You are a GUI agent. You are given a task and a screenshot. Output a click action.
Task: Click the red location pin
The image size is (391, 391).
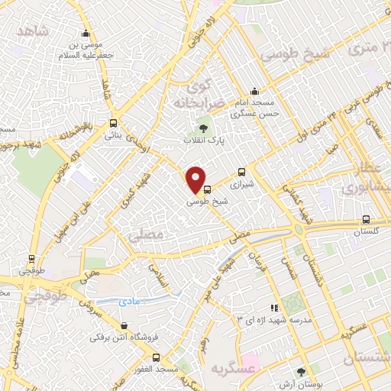click(x=197, y=179)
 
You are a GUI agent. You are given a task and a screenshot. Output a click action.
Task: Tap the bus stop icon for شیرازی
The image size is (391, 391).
click(x=242, y=172)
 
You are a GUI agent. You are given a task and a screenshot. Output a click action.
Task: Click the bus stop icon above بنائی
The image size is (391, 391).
click(x=113, y=123)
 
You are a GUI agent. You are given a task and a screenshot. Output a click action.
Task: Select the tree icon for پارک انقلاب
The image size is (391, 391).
click(x=202, y=128)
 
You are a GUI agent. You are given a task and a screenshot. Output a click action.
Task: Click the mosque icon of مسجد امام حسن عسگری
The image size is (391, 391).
click(x=255, y=90)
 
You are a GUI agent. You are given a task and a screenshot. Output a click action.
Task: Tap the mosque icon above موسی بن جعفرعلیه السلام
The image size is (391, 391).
click(x=85, y=34)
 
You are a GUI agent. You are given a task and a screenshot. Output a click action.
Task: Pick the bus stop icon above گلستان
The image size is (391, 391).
click(x=366, y=218)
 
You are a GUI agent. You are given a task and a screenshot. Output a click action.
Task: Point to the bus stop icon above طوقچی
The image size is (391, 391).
click(x=31, y=258)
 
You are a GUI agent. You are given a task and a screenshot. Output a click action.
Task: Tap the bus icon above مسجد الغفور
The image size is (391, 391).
click(x=157, y=357)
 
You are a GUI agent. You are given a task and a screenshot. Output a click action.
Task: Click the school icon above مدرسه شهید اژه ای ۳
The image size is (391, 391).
click(x=273, y=308)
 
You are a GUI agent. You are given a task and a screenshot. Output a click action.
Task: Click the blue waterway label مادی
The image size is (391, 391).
click(x=131, y=302)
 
